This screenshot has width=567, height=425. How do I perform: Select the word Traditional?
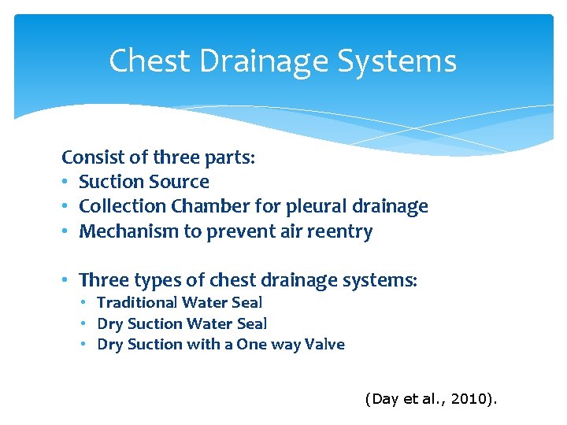137,302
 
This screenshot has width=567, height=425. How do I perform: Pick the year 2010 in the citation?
469,400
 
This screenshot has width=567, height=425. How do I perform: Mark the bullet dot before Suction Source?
67,183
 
